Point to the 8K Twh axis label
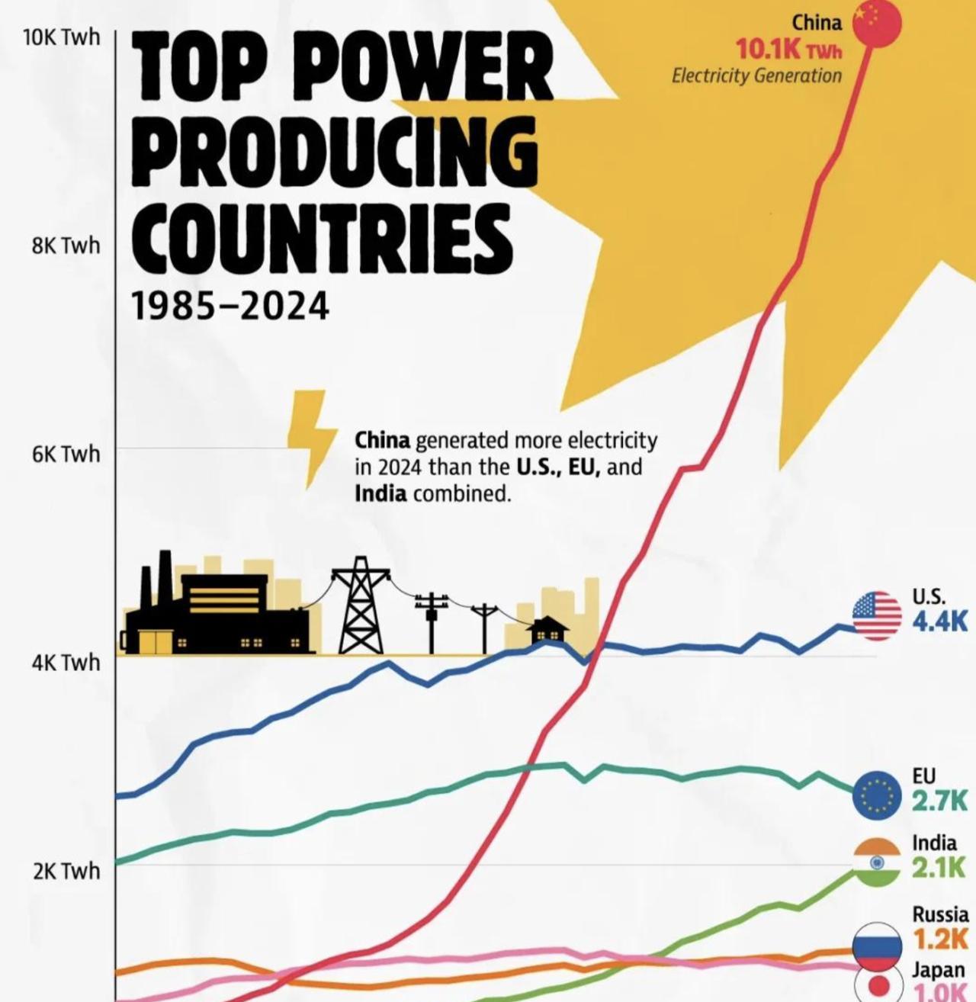click(x=66, y=245)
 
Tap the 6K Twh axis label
click(x=66, y=454)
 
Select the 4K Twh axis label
click(x=66, y=662)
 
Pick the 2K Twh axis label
click(x=66, y=870)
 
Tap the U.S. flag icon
click(x=876, y=615)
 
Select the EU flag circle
click(x=877, y=795)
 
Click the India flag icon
click(x=877, y=862)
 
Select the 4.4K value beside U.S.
click(x=940, y=621)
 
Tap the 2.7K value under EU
click(x=940, y=801)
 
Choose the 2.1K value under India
click(x=939, y=867)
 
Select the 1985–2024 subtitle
click(x=230, y=307)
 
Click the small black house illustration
click(x=547, y=631)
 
